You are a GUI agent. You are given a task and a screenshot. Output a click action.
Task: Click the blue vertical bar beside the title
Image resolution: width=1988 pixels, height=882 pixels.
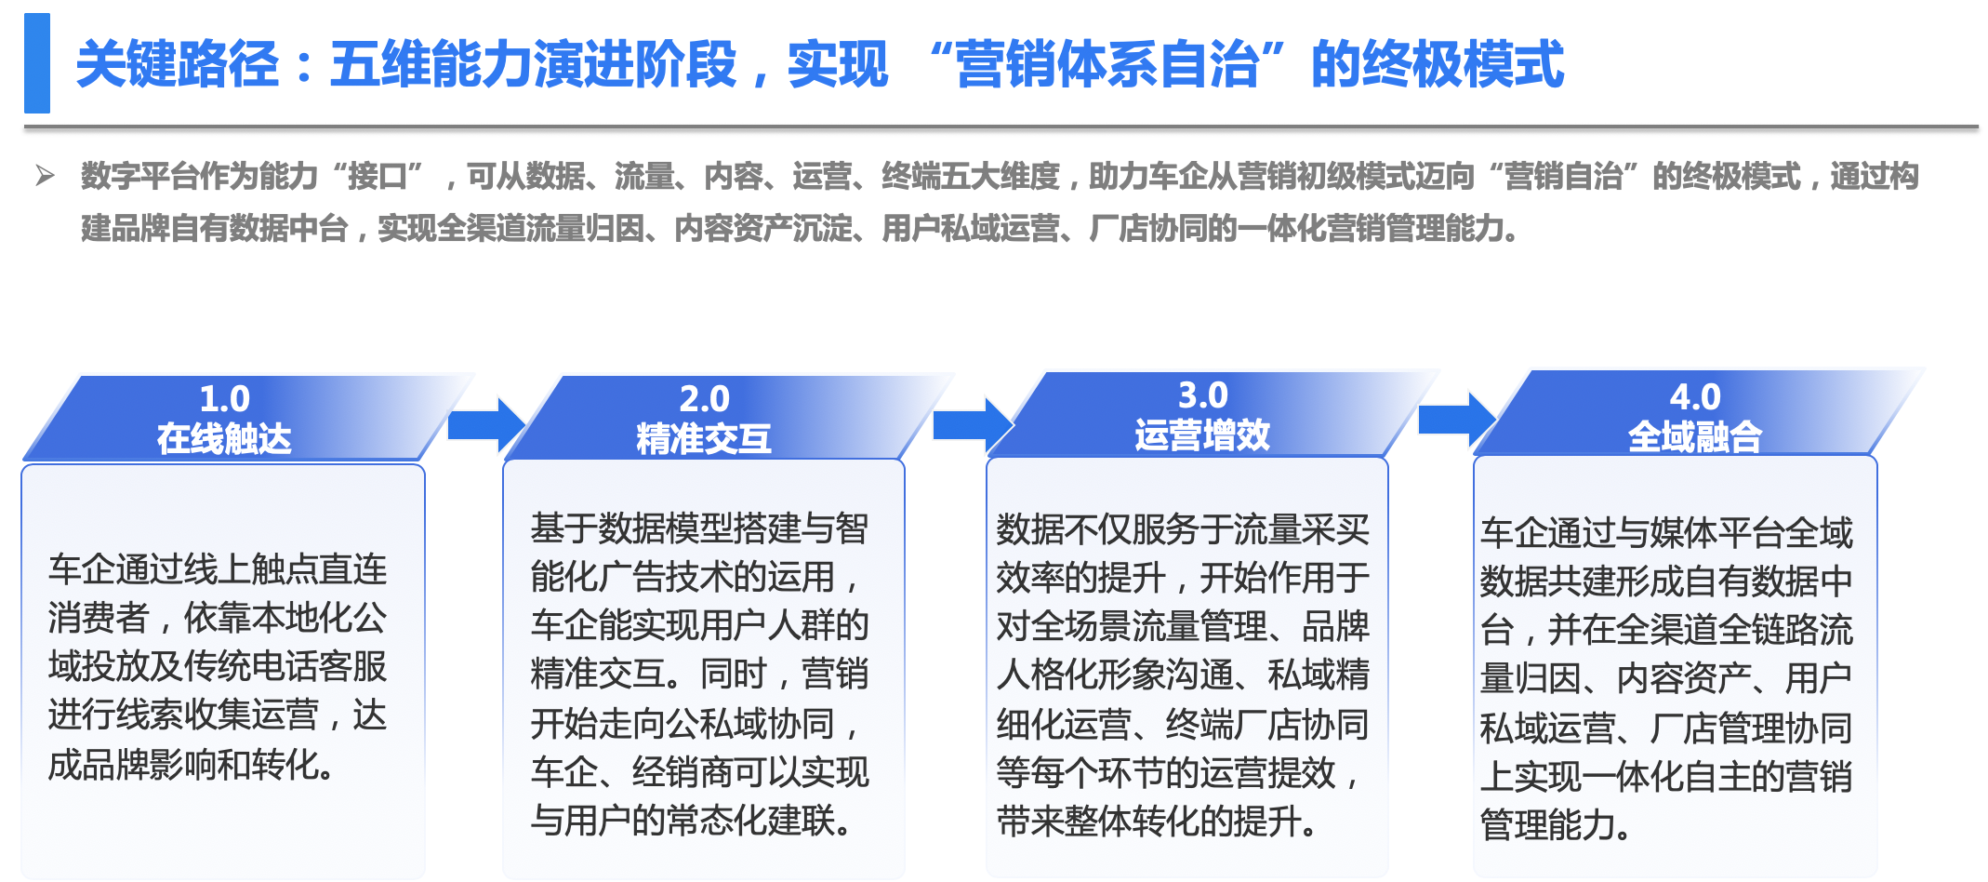37,63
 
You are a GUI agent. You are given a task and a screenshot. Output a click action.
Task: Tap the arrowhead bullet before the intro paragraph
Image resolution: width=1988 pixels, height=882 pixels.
45,175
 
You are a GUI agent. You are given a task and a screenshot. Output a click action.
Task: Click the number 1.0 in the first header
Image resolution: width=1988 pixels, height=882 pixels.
225,399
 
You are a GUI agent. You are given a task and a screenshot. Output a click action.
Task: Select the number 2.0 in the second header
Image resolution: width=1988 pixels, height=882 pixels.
704,399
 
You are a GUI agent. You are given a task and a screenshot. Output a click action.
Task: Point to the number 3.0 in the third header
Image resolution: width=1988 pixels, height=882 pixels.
1202,395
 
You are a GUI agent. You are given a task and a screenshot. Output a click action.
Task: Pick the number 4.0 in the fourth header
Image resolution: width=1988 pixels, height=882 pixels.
1694,397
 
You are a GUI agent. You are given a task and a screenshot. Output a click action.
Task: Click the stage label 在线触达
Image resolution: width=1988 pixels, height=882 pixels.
224,438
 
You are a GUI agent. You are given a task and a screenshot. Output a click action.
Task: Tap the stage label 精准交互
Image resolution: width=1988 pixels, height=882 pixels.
704,438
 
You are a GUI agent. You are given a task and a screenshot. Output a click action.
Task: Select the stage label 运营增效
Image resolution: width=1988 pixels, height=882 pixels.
1202,434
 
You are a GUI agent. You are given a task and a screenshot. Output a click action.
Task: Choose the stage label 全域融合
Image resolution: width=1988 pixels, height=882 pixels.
1694,436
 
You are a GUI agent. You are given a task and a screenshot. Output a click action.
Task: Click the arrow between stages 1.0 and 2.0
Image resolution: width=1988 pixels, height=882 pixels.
487,425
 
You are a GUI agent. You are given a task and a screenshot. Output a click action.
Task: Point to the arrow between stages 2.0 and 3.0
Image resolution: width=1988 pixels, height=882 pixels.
973,424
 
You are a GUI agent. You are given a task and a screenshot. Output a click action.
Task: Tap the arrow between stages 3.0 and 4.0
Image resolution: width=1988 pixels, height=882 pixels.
1457,420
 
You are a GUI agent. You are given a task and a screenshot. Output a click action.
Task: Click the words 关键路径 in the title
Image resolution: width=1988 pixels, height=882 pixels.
178,64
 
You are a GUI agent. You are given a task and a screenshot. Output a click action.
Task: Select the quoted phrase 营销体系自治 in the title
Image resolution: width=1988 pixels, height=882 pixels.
1107,64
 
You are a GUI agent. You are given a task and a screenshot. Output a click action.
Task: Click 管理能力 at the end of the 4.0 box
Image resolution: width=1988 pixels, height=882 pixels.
1547,824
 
